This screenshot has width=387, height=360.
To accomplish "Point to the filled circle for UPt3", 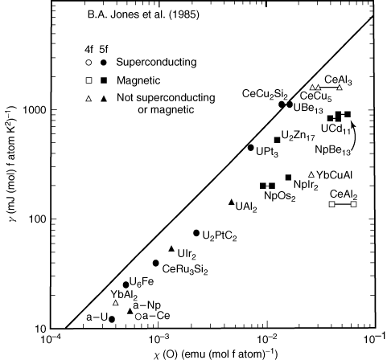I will click(x=250, y=148).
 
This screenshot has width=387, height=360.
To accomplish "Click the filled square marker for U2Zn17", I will click(x=278, y=140).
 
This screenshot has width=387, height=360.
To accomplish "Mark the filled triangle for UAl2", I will click(x=232, y=202).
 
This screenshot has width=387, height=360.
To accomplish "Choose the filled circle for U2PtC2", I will click(x=196, y=233).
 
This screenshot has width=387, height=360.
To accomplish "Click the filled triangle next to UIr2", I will click(x=171, y=249).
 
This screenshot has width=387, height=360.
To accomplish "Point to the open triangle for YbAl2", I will click(x=116, y=302).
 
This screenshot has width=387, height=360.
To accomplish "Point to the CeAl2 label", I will click(x=343, y=193).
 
